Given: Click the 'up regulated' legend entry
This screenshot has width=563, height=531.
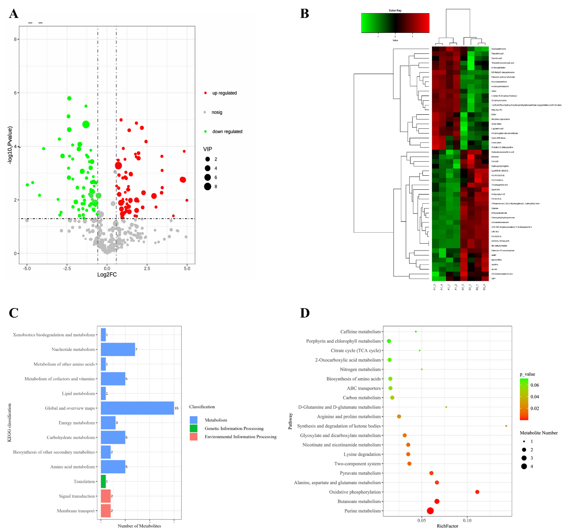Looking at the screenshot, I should point(224,93).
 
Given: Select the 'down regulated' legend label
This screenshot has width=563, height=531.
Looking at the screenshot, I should point(227,131).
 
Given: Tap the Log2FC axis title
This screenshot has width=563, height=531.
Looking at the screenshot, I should point(107,275).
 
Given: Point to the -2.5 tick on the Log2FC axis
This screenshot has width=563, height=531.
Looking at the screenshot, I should point(67,268).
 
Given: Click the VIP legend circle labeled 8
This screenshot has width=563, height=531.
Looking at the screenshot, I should point(207,187).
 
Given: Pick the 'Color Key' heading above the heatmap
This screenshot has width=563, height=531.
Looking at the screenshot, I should point(395,11).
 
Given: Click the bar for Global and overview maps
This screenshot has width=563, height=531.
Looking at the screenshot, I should point(137,408).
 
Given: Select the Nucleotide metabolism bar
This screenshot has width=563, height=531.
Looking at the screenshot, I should point(118,350).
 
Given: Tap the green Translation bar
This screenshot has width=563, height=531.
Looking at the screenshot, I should point(103,481).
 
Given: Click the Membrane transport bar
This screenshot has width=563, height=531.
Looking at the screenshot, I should point(106,511).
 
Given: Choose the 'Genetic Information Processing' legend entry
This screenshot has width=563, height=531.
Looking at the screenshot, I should point(234,428).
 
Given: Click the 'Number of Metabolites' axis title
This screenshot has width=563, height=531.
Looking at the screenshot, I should point(139,526).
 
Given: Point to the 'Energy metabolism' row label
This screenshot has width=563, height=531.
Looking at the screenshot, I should point(77,423).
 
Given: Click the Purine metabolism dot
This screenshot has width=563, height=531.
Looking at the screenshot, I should point(430,511).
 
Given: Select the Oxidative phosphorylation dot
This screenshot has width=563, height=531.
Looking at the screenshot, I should point(477,492).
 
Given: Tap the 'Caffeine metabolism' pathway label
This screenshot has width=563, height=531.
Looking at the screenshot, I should point(360,332).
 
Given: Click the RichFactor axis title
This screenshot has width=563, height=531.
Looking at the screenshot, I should point(447,526).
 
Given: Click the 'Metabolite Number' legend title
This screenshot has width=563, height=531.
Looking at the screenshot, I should point(538,433).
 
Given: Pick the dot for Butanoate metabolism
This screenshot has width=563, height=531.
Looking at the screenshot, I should point(437,501).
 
